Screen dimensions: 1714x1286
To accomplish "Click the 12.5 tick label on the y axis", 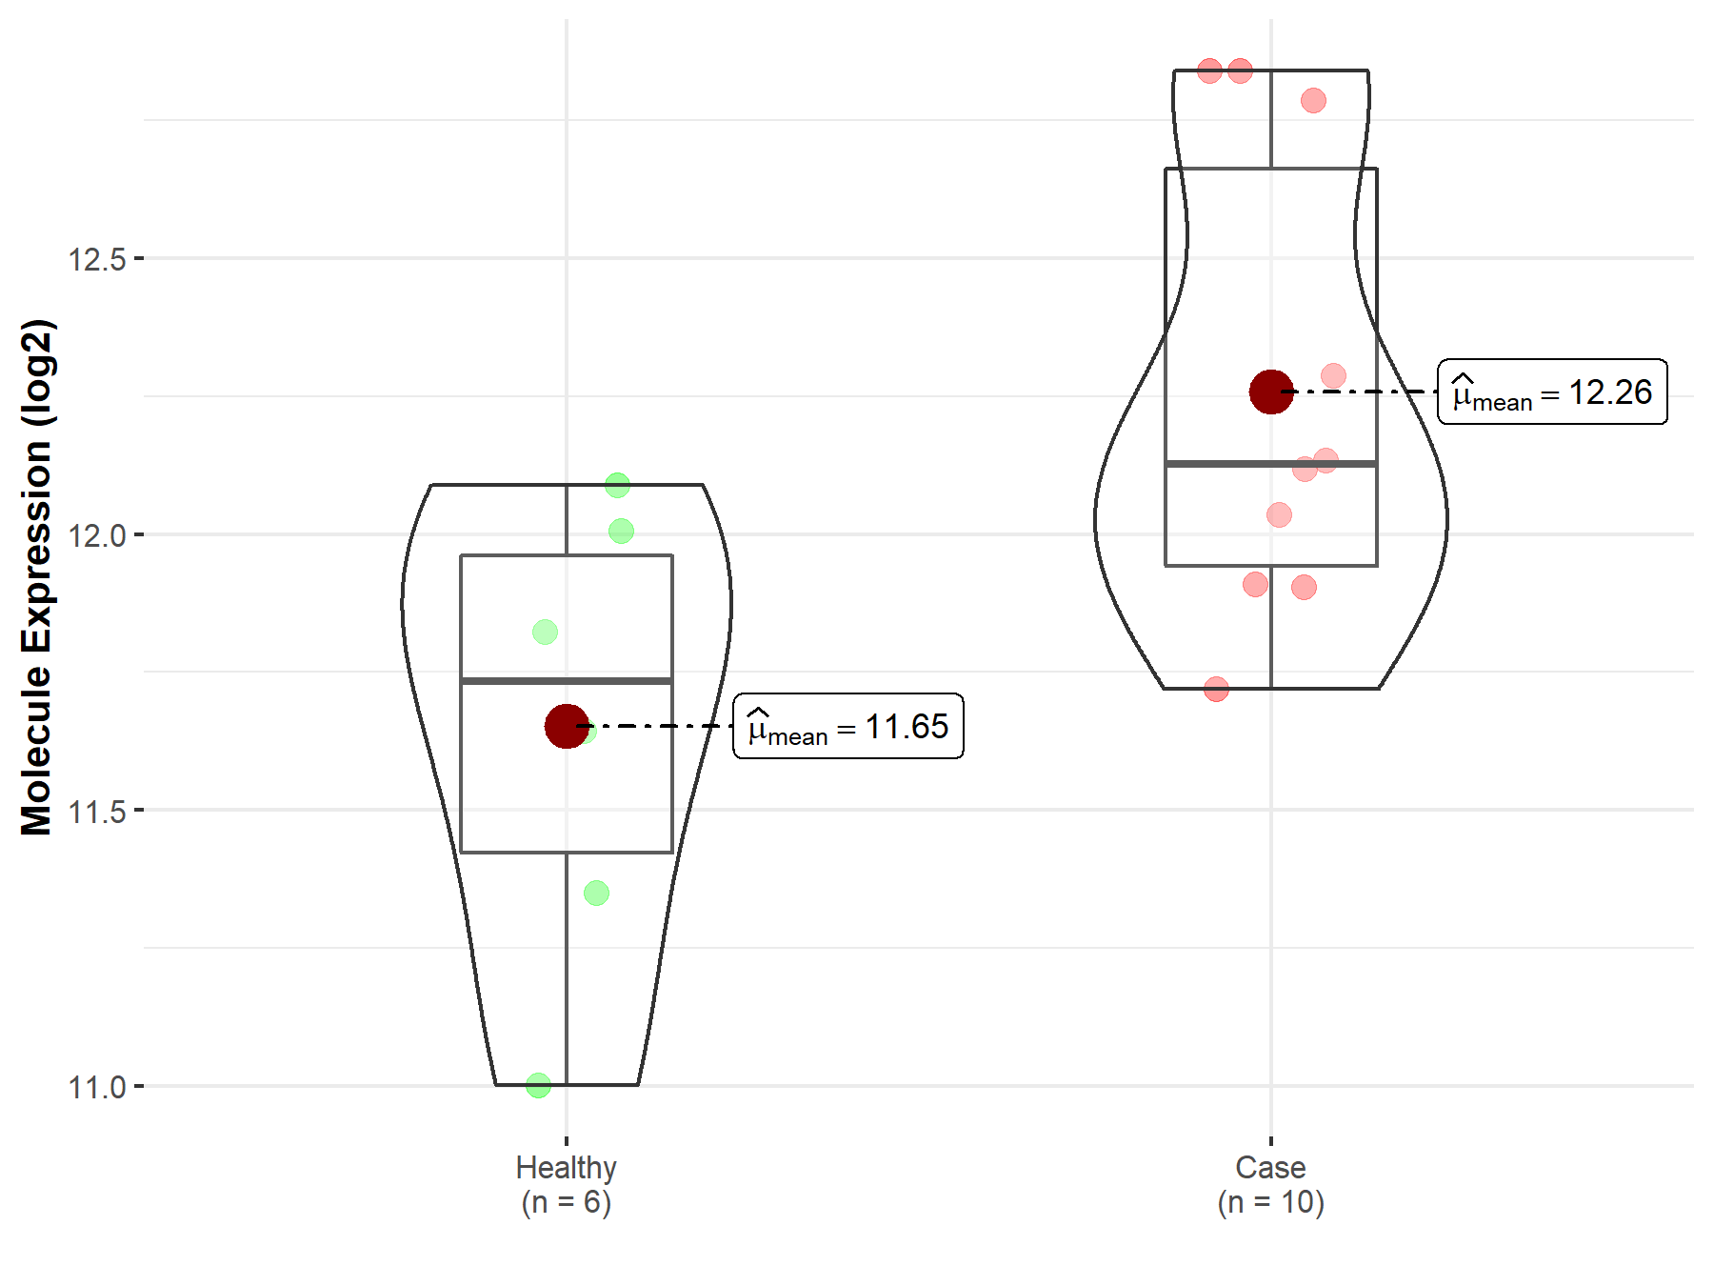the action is (x=96, y=259).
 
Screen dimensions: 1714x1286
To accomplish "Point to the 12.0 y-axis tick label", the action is (x=96, y=535).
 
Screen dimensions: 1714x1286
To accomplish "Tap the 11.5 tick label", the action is (x=96, y=812).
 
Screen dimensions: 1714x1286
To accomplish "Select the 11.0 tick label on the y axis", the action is (x=96, y=1087).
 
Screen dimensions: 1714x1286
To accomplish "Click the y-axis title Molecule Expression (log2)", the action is (x=36, y=577).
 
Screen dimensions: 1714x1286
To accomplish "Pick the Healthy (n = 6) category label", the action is (x=567, y=1185).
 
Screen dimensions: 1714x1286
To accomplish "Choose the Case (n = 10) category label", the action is (x=1271, y=1185).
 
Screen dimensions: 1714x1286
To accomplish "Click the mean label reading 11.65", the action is (x=848, y=727).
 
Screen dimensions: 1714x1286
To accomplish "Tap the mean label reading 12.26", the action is (x=1552, y=392).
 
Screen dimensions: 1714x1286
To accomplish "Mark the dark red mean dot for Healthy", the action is (x=567, y=727).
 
